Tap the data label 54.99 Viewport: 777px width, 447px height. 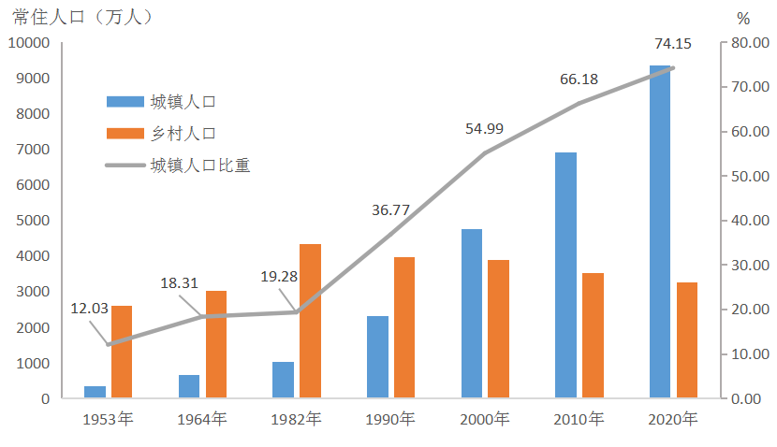484,128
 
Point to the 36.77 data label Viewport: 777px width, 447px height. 390,209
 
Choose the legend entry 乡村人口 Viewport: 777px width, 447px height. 185,134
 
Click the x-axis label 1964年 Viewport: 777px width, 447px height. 202,419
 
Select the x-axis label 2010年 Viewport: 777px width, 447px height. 579,419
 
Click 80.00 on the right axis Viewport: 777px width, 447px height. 751,43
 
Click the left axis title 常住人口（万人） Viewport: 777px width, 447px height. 82,17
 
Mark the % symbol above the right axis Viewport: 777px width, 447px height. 743,18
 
